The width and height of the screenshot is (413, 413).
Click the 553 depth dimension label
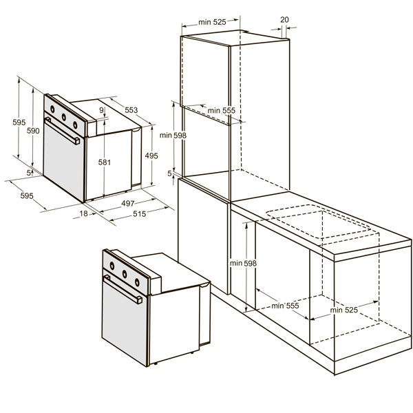click(131, 110)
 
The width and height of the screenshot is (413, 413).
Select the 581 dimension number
click(105, 162)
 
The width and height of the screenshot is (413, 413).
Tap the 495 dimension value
click(151, 156)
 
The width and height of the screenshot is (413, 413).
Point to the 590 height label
click(33, 131)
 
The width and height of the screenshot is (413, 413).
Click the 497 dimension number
click(128, 203)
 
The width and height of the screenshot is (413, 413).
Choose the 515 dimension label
click(139, 213)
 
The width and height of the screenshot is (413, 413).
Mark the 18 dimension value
click(83, 213)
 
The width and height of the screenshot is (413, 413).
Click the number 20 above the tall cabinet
click(284, 19)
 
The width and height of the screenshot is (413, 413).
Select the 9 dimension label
click(102, 110)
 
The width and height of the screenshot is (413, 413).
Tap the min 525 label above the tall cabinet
click(212, 22)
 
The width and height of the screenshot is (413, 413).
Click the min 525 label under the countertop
click(344, 310)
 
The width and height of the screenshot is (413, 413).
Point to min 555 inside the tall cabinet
click(222, 110)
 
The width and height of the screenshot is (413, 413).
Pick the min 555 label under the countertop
click(285, 306)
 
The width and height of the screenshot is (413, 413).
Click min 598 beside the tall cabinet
click(173, 136)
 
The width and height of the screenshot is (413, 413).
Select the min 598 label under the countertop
click(243, 263)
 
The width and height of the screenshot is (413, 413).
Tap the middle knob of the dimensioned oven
click(64, 117)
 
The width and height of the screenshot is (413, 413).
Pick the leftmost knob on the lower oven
click(112, 266)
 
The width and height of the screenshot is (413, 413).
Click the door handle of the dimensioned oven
click(62, 131)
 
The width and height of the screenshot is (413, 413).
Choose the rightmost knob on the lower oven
click(137, 282)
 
